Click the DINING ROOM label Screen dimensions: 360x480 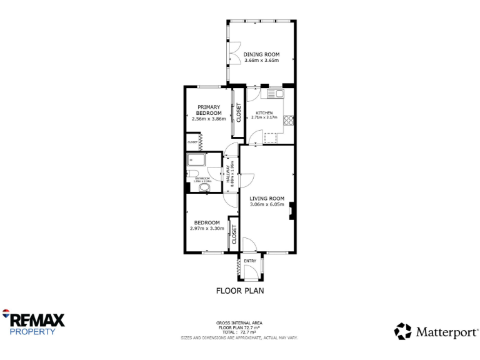point(262,54)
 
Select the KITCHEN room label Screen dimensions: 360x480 point(264,112)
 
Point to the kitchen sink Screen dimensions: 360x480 point(275,94)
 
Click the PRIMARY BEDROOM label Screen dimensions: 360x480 point(208,110)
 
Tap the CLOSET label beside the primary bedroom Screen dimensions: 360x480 point(238,112)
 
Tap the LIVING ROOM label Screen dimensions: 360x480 point(267,198)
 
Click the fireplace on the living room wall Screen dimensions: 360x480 point(291,211)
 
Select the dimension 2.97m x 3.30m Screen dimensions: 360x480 point(206,229)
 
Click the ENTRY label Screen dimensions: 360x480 point(249,261)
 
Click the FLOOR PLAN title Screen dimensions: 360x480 point(240,291)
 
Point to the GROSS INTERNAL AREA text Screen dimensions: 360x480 point(239,323)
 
